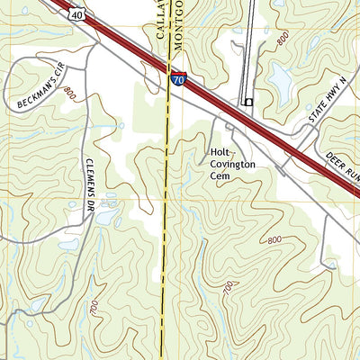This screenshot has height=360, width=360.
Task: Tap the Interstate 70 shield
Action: [x=178, y=80]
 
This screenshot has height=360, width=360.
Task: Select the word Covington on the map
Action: [x=233, y=165]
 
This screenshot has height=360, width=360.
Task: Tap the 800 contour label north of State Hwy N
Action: [x=283, y=40]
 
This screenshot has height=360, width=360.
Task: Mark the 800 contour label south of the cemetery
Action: [x=274, y=239]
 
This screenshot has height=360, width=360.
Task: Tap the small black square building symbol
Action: [x=247, y=103]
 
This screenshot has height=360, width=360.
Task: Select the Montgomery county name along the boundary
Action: [x=178, y=22]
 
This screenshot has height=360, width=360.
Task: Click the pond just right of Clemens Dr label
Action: [x=108, y=216]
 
